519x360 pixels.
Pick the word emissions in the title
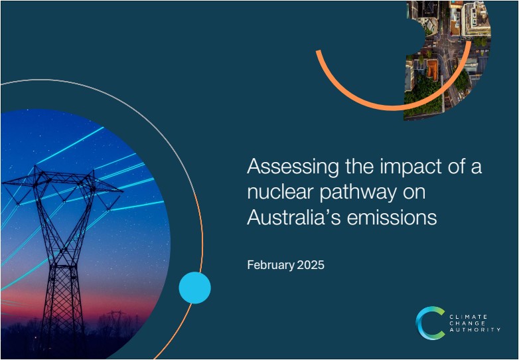pos(392,218)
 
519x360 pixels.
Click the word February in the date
pos(270,265)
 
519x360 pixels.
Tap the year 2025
pos(311,265)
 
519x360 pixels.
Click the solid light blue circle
pos(194,288)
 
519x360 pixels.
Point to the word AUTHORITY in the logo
pos(475,330)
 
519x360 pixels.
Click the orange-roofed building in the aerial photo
pos(432,69)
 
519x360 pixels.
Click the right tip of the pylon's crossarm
pos(123,191)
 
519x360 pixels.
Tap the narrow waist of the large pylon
pos(62,262)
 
